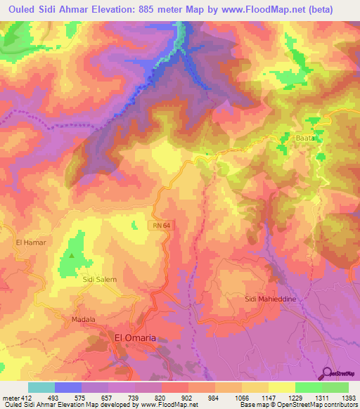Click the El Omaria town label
[x=135, y=338]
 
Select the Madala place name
[x=83, y=319]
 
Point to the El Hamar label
[x=29, y=242]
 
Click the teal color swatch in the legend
[x=41, y=387]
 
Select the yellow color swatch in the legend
[x=282, y=387]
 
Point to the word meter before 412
[x=10, y=398]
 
